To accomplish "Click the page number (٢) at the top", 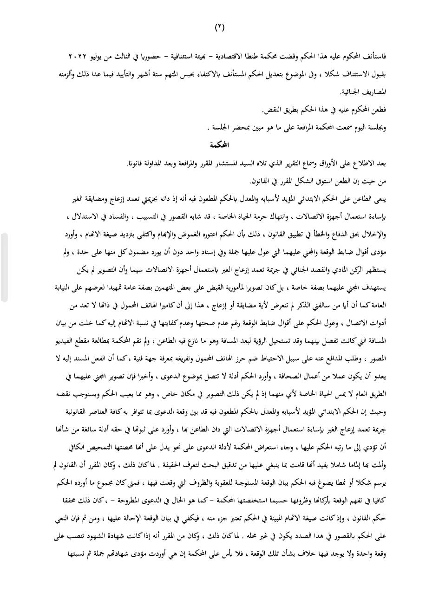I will pyautogui.click(x=219, y=27).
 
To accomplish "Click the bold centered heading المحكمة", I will pyautogui.click(x=220, y=144).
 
